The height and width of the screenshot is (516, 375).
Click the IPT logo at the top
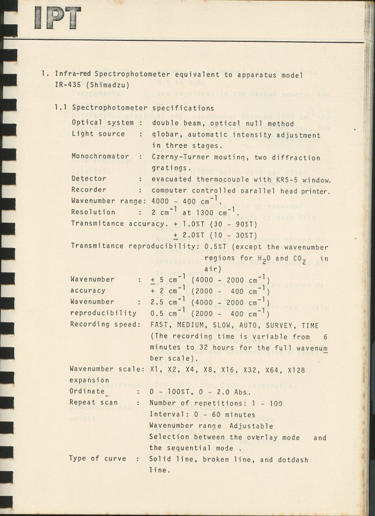(x=57, y=18)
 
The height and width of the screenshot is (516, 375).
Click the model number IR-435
(x=68, y=85)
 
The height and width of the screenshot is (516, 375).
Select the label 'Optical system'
(x=103, y=123)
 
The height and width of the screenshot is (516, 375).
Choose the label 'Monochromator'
(x=100, y=157)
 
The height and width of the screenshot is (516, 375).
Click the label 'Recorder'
(x=89, y=190)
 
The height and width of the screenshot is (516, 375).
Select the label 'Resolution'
(x=93, y=212)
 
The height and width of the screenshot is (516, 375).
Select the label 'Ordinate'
(x=86, y=392)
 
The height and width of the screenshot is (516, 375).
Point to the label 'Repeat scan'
(x=94, y=403)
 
